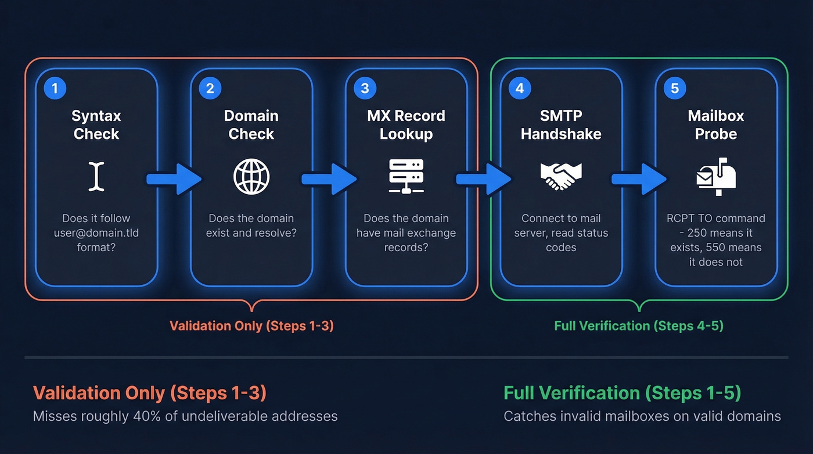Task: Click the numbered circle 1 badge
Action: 55,88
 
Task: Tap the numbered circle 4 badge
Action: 519,88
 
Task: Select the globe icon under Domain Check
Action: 251,177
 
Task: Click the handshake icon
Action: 561,176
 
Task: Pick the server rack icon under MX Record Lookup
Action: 406,176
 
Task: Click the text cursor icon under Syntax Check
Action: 96,177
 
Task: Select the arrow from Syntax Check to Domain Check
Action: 173,179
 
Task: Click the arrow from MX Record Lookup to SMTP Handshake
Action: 483,179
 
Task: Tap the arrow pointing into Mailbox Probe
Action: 639,179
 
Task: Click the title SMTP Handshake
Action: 561,125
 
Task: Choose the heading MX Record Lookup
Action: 406,125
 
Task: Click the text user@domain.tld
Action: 96,233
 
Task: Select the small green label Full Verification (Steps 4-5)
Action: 639,326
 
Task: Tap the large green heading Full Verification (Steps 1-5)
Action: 623,393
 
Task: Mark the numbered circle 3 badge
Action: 365,88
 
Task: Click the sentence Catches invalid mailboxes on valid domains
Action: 642,416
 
